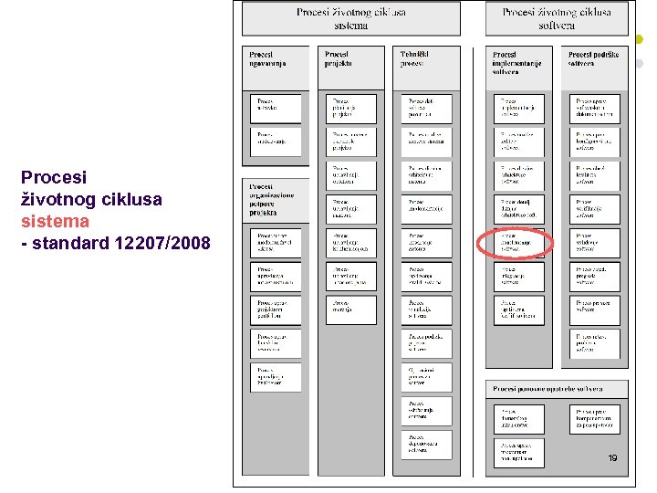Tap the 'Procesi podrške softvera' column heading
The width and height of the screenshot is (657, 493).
coord(594,58)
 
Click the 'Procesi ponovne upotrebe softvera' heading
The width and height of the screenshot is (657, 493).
coord(557,389)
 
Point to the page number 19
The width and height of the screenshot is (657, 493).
coord(612,457)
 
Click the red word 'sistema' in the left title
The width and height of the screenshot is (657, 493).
coord(55,221)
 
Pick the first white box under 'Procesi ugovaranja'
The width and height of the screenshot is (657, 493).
coord(275,109)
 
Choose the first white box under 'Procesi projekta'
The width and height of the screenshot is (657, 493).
coord(350,109)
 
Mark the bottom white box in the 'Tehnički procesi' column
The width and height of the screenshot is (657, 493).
coord(426,445)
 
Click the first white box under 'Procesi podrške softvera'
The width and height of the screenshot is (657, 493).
coord(595,109)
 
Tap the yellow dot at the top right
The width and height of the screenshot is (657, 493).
coord(640,40)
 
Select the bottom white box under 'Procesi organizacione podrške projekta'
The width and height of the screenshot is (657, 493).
coord(275,378)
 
